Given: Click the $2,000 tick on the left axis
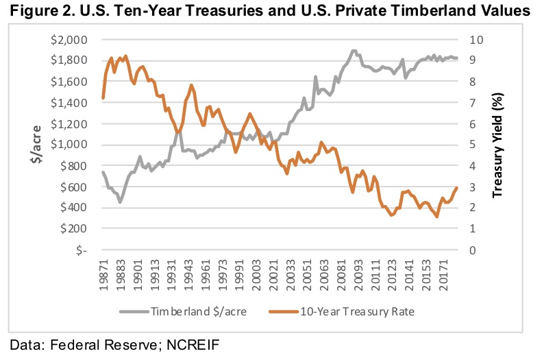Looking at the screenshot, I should pos(68,40).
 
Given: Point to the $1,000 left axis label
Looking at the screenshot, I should pos(68,145).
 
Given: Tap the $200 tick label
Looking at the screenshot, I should pos(73,229).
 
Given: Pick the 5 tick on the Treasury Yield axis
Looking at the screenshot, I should pos(472,145).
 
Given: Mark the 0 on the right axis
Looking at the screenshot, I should pos(472,250).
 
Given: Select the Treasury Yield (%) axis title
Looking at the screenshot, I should pos(498,145).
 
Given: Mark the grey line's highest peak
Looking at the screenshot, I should pos(354,51).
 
